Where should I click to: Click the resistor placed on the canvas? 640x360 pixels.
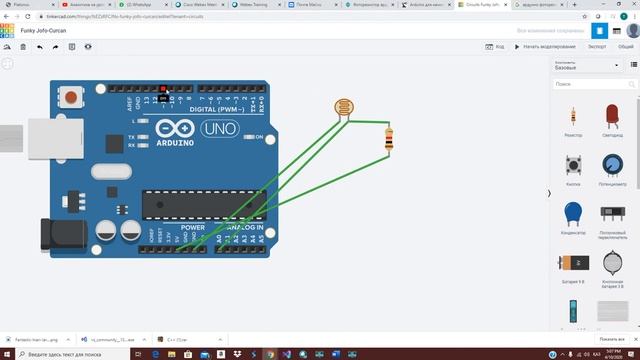387,139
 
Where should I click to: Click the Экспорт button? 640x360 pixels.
597,47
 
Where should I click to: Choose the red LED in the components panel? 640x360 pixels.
611,116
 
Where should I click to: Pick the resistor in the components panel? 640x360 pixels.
573,116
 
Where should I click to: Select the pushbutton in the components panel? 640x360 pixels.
573,165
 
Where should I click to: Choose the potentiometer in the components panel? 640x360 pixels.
611,165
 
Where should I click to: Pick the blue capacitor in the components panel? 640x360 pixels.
573,214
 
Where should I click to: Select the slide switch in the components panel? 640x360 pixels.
611,214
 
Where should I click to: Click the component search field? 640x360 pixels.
595,84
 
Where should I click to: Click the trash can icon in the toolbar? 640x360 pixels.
23,47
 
